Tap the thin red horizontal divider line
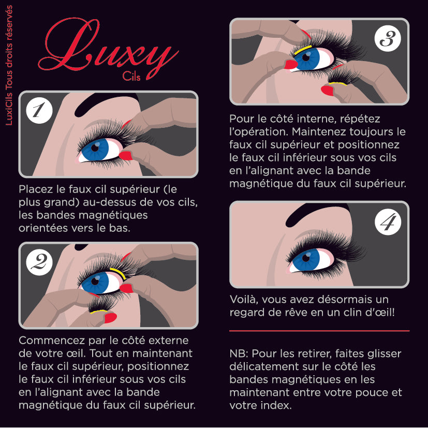point(319,330)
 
